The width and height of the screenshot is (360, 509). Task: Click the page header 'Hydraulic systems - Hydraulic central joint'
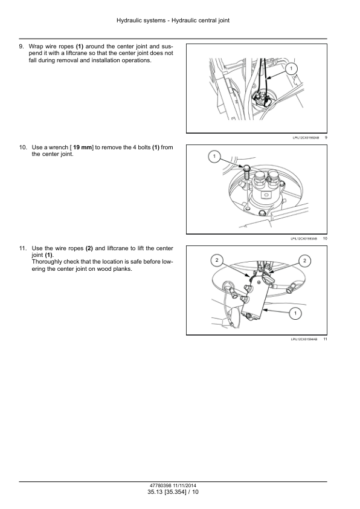pos(173,21)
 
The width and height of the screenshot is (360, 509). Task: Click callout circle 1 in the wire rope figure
pos(291,68)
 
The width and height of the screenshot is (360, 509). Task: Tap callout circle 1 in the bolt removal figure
pos(214,157)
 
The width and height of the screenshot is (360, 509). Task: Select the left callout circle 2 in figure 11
pos(217,260)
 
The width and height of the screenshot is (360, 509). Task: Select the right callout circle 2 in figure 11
pos(304,261)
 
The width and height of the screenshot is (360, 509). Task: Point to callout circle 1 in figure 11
pos(295,313)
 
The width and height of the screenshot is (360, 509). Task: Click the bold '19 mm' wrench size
pos(83,148)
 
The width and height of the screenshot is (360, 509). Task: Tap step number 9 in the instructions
pos(21,47)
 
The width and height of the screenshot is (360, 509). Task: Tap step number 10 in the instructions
pos(23,148)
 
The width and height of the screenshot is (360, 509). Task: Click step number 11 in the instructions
pos(23,248)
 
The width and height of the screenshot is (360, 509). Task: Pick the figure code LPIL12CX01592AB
pos(306,138)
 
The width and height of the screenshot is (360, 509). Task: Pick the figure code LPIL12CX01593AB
pos(304,239)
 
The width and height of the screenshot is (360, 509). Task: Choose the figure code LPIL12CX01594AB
pos(304,339)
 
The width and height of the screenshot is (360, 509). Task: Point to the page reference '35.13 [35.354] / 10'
pos(173,492)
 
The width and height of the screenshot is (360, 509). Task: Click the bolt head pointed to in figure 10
pos(246,169)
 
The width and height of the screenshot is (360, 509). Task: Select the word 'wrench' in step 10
pos(59,148)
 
